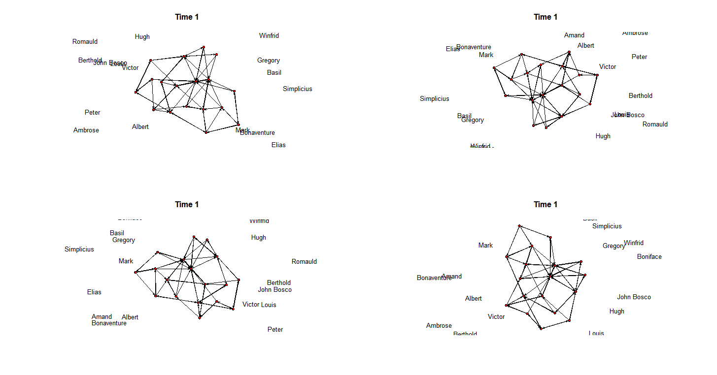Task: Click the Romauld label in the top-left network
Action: (85, 42)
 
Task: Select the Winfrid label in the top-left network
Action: (269, 36)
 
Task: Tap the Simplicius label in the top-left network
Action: (297, 89)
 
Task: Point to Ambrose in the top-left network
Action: (86, 130)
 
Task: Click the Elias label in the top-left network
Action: (278, 145)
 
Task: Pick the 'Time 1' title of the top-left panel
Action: (187, 17)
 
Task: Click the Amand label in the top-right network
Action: (574, 35)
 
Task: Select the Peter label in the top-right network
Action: (639, 57)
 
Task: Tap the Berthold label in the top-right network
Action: (640, 96)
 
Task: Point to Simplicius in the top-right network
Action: (434, 99)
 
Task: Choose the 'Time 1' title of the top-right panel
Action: (546, 17)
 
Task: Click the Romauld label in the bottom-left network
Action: (304, 262)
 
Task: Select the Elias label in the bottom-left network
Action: (94, 292)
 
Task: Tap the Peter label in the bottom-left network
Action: (275, 330)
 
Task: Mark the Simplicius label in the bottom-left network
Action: (79, 250)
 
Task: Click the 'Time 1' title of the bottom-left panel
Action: (187, 205)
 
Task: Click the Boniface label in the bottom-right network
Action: (649, 257)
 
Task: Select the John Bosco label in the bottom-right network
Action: (634, 297)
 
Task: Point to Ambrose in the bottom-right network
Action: (439, 326)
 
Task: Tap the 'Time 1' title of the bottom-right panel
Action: (546, 205)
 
